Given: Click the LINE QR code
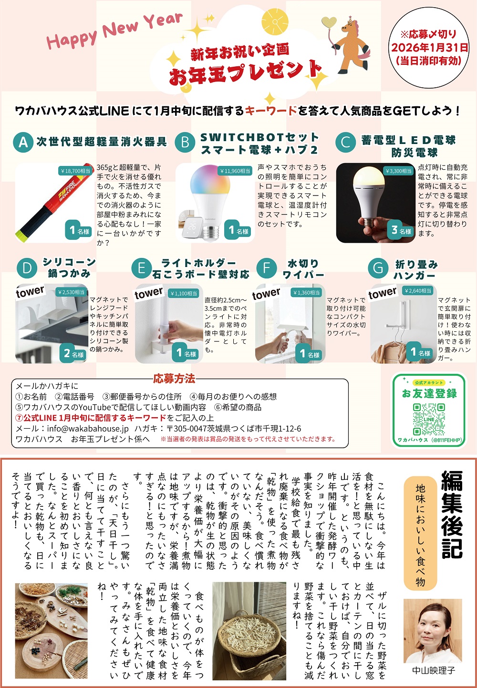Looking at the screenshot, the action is point(429,420).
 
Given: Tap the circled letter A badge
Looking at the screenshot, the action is point(23,142).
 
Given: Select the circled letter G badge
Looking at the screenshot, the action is point(378,268).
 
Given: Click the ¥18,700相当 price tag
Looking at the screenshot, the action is point(75,171).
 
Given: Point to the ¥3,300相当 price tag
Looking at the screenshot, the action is point(399,171).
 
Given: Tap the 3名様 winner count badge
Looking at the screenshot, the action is point(401,230).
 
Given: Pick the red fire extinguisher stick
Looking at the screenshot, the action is point(53,203).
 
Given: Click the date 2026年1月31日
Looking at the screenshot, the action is point(429,47).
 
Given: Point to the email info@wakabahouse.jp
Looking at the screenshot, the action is point(88,429).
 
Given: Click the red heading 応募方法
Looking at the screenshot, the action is point(174,379).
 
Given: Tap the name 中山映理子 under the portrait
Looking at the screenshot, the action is point(433,670).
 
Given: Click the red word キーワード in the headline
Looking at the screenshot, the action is point(271,111).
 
